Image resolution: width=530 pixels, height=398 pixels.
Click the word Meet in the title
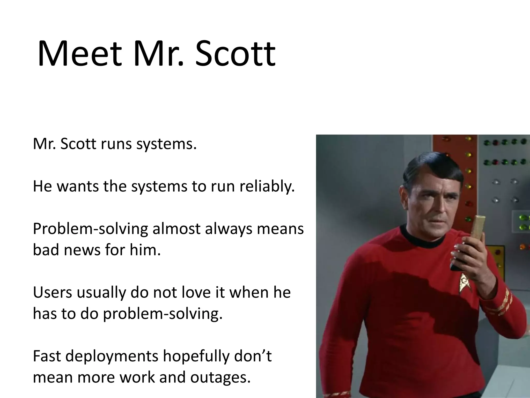click(x=79, y=54)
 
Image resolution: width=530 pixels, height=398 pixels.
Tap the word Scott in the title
click(x=235, y=54)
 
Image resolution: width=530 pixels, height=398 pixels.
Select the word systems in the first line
click(x=166, y=144)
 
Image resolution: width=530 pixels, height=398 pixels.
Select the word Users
click(x=53, y=293)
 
